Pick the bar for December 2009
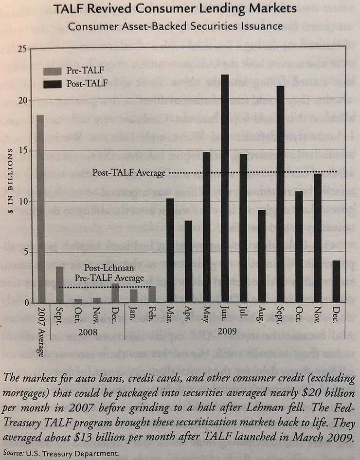336,281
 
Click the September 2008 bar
59,284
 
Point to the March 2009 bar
170,250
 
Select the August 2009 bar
262,256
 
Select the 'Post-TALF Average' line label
129,173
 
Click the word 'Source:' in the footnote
14,453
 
